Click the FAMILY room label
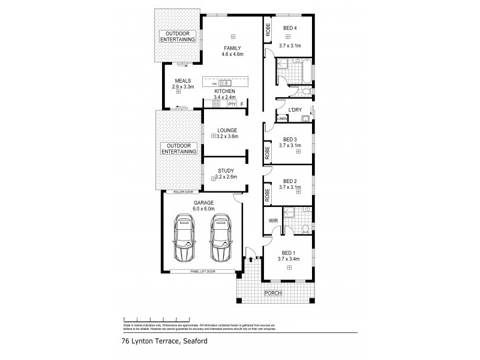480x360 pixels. (233, 47)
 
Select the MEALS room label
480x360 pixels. (182, 81)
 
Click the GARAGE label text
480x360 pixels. (203, 203)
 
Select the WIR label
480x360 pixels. (272, 221)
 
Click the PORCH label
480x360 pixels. (274, 293)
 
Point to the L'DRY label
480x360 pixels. (295, 110)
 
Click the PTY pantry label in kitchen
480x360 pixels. (232, 104)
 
